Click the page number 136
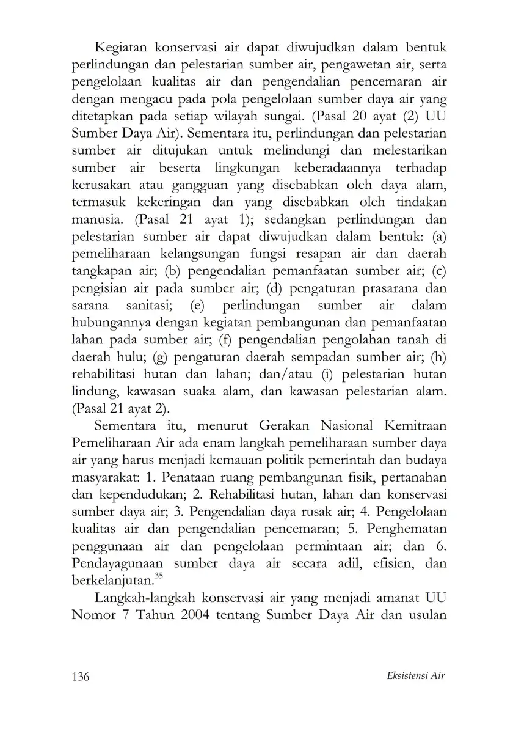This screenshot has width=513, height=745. click(x=81, y=676)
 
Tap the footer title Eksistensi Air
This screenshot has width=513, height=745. click(x=417, y=675)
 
